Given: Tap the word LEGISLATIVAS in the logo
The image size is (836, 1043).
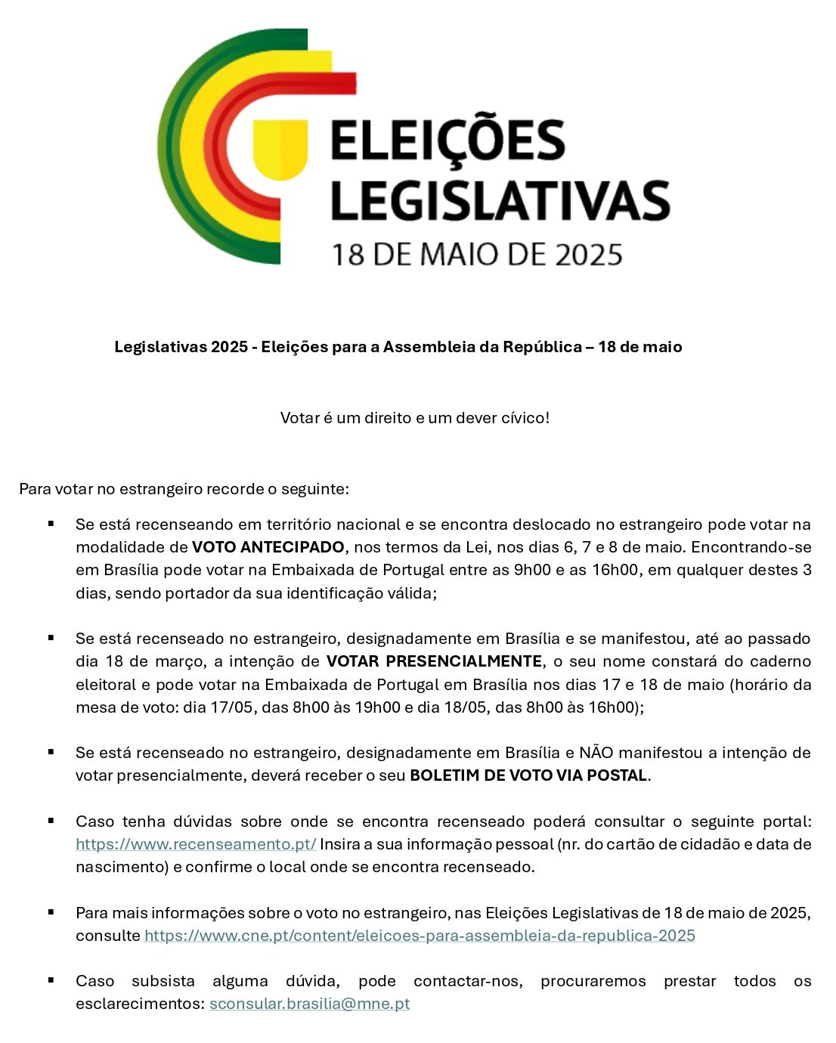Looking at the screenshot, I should (x=500, y=200).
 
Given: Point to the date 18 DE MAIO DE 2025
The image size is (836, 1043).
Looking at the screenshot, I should (x=477, y=255).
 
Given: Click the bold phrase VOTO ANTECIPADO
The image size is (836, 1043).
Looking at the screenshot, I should (x=268, y=547).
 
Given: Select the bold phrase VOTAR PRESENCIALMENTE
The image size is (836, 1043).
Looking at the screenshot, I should (x=434, y=661).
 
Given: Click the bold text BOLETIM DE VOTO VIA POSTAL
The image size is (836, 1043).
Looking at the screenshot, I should (x=528, y=775).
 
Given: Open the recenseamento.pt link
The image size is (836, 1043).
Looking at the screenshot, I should (x=196, y=844).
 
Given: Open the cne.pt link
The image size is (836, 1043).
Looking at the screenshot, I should (x=420, y=936).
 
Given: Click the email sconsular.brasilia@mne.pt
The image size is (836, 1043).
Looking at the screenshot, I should (x=309, y=1004).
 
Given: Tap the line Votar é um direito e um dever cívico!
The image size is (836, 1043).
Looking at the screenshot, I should (x=415, y=418).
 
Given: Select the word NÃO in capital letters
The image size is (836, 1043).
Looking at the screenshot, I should (x=597, y=753).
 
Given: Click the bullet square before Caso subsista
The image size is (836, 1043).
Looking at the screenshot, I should (x=51, y=980).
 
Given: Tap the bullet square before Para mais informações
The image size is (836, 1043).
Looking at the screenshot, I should (x=51, y=911).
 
